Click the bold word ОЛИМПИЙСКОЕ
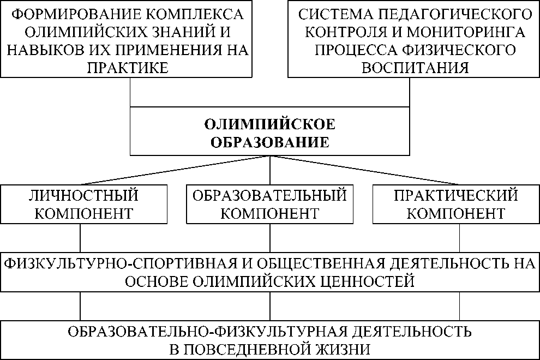click(270, 124)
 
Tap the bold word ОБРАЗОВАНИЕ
click(270, 142)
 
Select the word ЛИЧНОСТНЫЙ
click(83, 195)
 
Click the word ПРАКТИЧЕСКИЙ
click(456, 195)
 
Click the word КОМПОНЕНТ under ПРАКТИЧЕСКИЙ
click(456, 213)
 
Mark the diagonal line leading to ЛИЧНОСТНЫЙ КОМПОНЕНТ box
click(175, 171)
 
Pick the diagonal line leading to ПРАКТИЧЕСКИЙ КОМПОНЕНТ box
click(365, 171)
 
